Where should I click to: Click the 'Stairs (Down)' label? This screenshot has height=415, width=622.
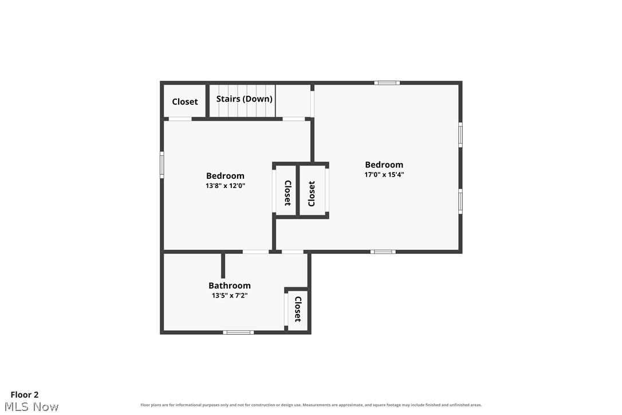(x=245, y=99)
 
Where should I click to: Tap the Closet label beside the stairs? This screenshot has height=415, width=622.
(x=185, y=101)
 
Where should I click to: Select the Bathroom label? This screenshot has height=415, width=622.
(x=230, y=285)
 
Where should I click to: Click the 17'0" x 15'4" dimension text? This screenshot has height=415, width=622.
(x=384, y=174)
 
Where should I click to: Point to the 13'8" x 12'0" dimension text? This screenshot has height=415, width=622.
(x=225, y=186)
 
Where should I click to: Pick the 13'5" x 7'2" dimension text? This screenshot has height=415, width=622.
(x=230, y=295)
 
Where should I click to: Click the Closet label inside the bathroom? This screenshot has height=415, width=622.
(x=298, y=310)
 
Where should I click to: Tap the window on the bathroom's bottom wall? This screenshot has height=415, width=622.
(x=238, y=332)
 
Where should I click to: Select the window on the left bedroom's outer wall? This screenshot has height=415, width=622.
(x=162, y=165)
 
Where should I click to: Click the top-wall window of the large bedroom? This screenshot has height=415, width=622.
(x=387, y=83)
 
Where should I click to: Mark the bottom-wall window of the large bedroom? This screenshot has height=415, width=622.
(x=383, y=252)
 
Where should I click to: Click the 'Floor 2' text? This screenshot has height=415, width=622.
(x=25, y=395)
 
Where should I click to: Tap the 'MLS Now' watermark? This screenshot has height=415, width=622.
(x=32, y=406)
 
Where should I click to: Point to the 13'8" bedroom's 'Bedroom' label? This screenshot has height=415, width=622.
(x=225, y=176)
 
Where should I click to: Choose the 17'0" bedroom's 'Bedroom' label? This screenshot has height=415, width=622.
(x=384, y=165)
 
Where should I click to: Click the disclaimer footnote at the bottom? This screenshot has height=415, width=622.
(x=311, y=405)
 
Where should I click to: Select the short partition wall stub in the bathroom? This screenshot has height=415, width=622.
(x=223, y=265)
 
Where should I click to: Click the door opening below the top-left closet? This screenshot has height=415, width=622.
(x=180, y=119)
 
